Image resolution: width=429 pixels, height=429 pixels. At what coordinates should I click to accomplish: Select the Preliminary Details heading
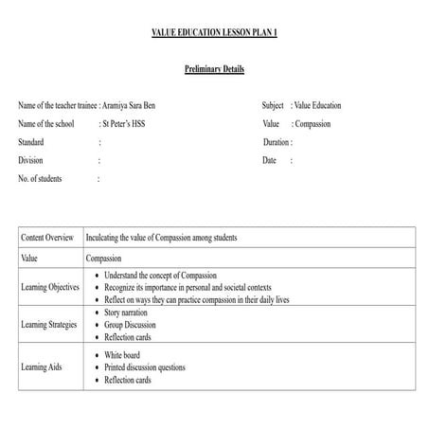pos(214,69)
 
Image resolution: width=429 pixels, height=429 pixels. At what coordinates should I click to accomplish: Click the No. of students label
pos(45,178)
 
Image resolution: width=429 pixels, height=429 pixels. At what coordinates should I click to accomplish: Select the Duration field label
pos(277,142)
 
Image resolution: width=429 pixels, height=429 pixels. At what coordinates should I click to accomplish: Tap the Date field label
pos(270,160)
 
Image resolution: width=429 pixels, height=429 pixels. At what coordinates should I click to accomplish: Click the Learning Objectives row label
pos(50,287)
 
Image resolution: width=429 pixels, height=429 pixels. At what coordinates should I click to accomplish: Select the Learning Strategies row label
pos(50,325)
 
